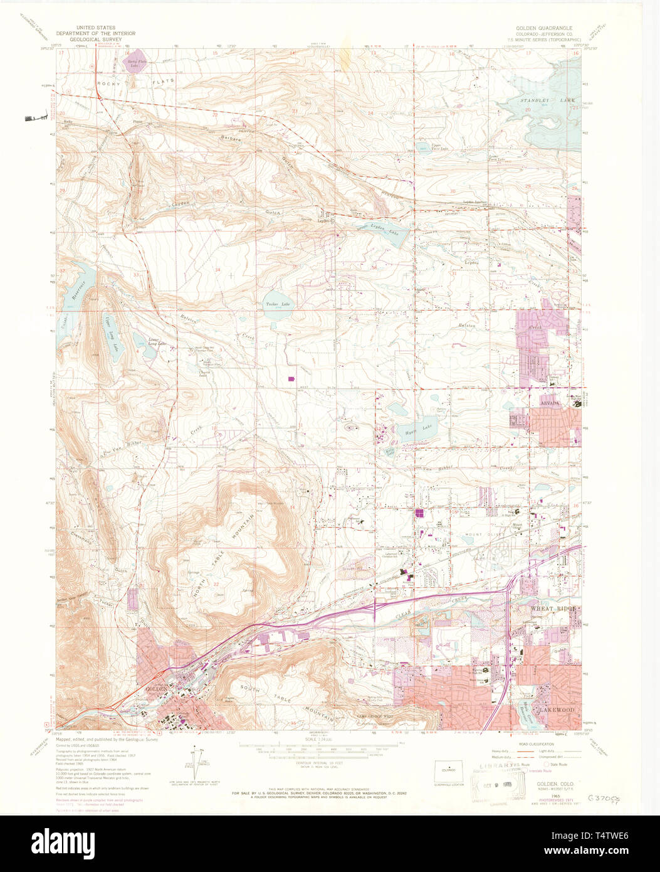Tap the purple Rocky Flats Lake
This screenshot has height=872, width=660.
pyautogui.click(x=134, y=63)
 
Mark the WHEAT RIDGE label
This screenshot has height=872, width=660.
pyautogui.click(x=538, y=609)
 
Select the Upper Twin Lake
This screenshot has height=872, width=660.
pyautogui.click(x=427, y=148)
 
